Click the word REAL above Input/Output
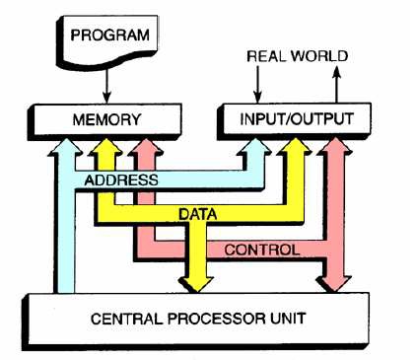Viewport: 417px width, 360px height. (x=265, y=56)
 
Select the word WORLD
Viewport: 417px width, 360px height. (x=319, y=56)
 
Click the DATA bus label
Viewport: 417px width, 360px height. (x=198, y=212)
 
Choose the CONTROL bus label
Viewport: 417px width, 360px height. (x=261, y=250)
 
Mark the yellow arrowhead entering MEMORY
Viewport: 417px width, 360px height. (x=104, y=148)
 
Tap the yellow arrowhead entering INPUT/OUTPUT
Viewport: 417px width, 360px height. (x=292, y=148)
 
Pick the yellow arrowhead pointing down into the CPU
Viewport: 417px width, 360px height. (x=198, y=281)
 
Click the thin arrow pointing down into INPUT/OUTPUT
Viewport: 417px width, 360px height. (x=257, y=95)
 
